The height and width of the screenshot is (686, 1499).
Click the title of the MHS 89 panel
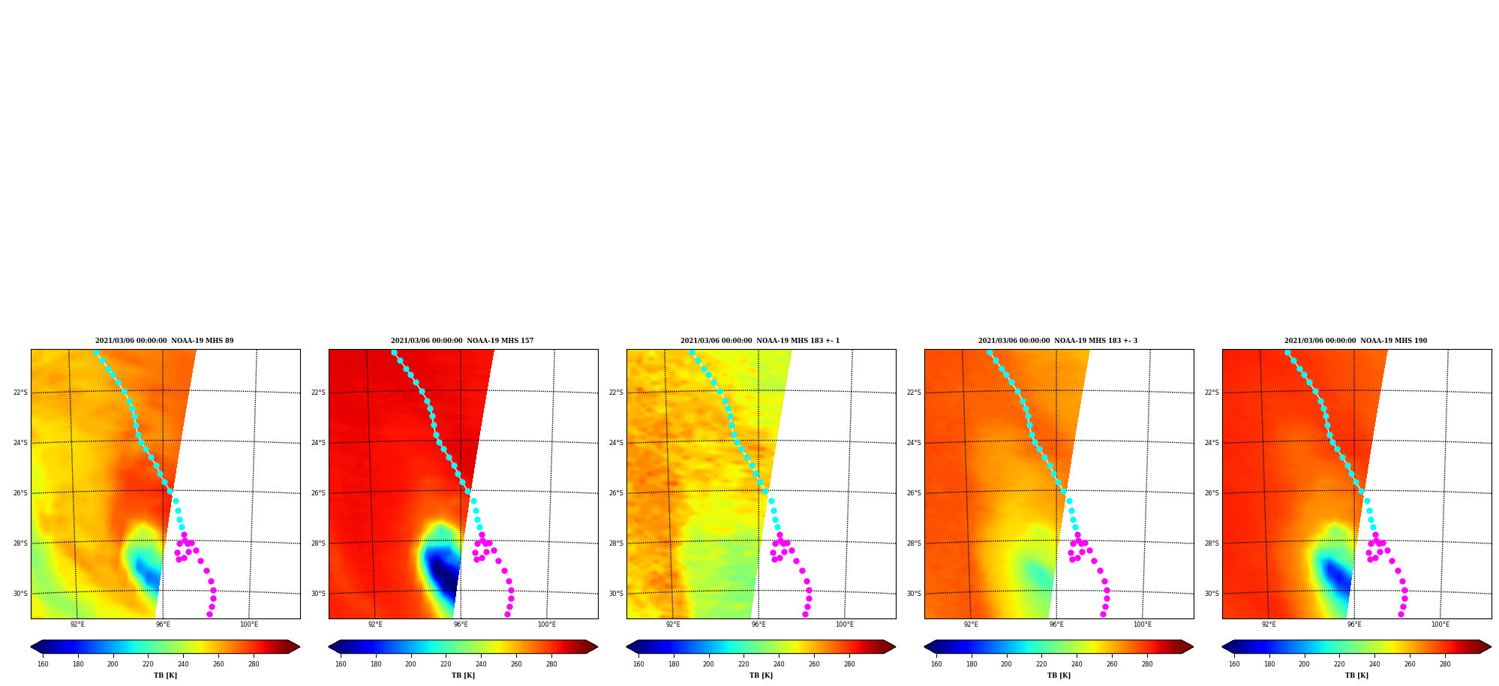click(164, 341)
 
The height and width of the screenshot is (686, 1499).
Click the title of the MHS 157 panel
click(462, 341)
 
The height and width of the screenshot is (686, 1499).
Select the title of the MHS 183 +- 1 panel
click(760, 341)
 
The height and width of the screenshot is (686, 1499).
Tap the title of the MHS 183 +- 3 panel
click(1058, 341)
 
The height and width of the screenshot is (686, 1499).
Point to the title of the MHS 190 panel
click(1356, 341)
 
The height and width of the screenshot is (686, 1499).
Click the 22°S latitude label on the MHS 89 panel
click(20, 393)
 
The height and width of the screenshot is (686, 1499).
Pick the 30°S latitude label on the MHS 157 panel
click(318, 594)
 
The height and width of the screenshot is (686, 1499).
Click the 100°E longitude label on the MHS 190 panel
click(1440, 624)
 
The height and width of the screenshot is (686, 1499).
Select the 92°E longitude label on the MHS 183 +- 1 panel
click(673, 624)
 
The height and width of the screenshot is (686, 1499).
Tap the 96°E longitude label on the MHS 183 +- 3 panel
click(1056, 624)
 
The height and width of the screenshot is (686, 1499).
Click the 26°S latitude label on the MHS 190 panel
click(1212, 493)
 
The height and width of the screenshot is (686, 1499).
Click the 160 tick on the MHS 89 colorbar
click(43, 663)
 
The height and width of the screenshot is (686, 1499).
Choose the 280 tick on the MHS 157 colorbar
click(551, 663)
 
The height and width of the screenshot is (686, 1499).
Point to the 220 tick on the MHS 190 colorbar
click(1339, 663)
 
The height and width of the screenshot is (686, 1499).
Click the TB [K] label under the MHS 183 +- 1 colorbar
click(761, 675)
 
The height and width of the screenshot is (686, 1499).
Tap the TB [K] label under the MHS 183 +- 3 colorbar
click(1059, 675)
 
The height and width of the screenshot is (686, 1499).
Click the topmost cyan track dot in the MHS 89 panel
click(96, 352)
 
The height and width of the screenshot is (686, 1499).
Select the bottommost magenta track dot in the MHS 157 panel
click(507, 614)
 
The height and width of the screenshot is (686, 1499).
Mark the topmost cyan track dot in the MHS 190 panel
click(1287, 352)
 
